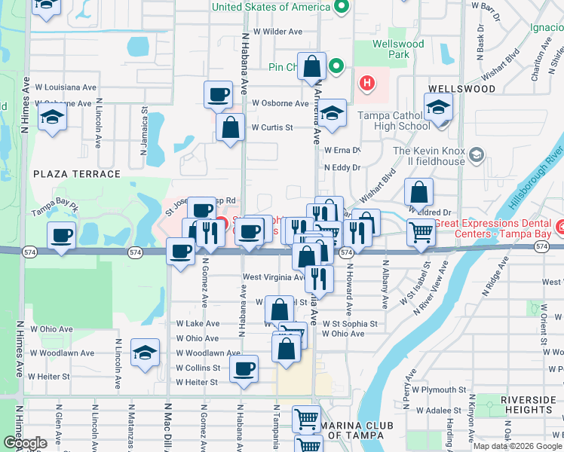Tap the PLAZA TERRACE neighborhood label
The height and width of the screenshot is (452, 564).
pyautogui.click(x=77, y=174)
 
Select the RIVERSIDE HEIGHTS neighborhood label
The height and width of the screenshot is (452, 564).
pyautogui.click(x=520, y=405)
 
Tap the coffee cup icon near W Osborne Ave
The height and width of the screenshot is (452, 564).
pyautogui.click(x=219, y=95)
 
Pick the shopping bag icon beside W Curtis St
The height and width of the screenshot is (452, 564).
pyautogui.click(x=230, y=127)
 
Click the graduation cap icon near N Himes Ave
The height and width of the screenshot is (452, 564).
pyautogui.click(x=53, y=118)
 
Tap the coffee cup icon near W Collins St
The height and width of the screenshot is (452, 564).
pyautogui.click(x=244, y=369)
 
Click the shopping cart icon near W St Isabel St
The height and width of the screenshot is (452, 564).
pyautogui.click(x=421, y=233)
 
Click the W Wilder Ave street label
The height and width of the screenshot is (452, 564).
pyautogui.click(x=277, y=32)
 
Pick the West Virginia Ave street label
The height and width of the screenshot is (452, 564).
pyautogui.click(x=273, y=277)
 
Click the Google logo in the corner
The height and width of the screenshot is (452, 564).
pyautogui.click(x=24, y=443)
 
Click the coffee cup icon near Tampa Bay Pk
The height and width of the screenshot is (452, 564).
pyautogui.click(x=62, y=236)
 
